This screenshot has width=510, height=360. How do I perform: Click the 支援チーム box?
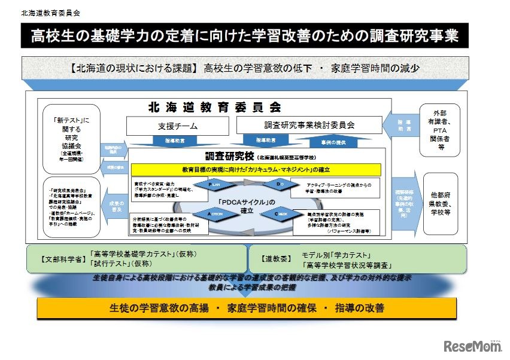pos(178,126)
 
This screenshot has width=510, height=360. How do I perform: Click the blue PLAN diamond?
pos(217,185)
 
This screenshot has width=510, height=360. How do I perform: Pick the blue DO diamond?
pos(280,185)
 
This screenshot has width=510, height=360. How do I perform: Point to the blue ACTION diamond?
pos(217,213)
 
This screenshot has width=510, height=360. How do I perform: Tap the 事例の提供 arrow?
pos(336,141)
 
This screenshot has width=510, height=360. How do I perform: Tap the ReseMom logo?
pos(472,346)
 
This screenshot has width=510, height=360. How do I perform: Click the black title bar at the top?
pos(245,36)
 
